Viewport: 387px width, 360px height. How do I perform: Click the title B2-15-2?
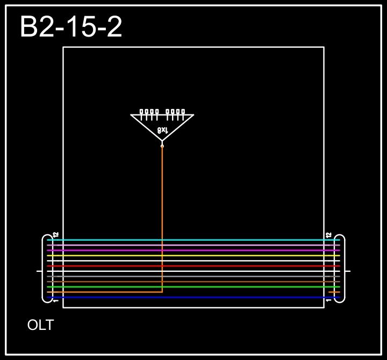(x=71, y=27)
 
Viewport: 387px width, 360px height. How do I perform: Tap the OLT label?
(x=40, y=325)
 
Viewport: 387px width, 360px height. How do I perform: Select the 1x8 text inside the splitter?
(x=162, y=130)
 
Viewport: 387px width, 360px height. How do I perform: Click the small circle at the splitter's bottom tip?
(x=162, y=146)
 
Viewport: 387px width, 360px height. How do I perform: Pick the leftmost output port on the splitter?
(x=142, y=112)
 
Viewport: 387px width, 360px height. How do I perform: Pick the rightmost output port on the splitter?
(x=183, y=112)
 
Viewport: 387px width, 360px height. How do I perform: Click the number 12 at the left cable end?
(x=55, y=235)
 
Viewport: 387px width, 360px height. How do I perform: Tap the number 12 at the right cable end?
(x=329, y=235)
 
